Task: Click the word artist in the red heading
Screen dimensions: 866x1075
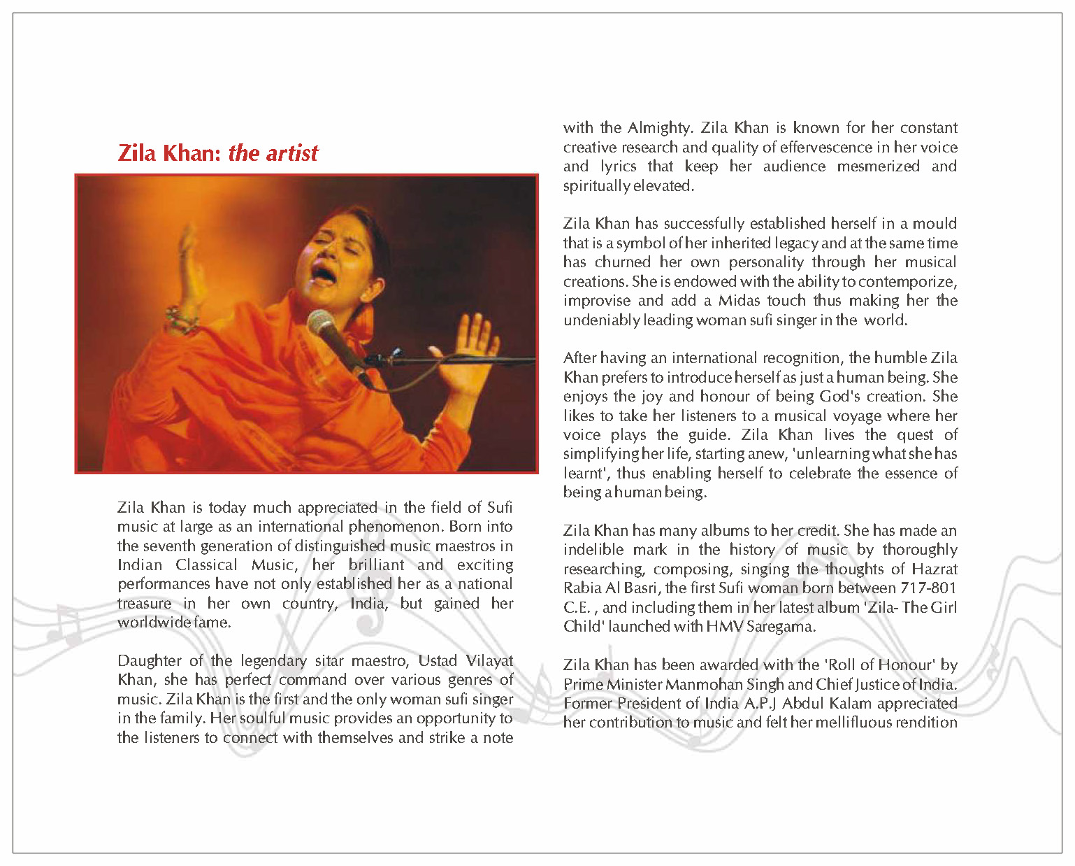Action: [291, 153]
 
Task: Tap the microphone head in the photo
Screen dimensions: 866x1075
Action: [322, 325]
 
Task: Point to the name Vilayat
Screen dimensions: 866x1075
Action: [489, 661]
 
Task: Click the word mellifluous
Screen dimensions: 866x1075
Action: [832, 723]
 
